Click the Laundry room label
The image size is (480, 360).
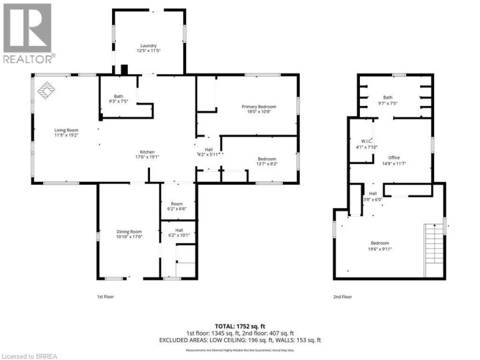(149, 45)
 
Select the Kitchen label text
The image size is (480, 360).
(149, 151)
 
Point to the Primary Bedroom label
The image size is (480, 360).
(258, 107)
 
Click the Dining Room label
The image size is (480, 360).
(129, 231)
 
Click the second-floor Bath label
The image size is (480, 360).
(388, 98)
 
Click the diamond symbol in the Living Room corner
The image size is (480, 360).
(47, 90)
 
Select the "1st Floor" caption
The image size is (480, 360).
(106, 295)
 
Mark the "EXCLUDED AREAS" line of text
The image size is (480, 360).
(240, 340)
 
